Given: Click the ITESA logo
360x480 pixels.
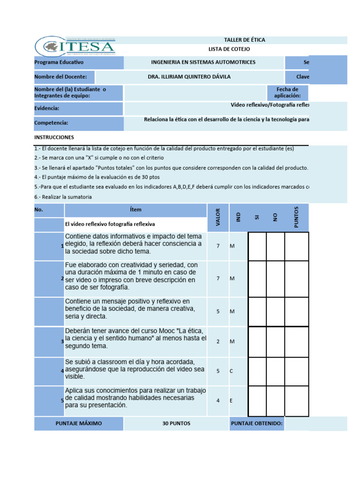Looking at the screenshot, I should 75,46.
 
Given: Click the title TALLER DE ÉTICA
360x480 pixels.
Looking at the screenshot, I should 245,40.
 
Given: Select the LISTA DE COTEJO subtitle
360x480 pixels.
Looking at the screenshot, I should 229,49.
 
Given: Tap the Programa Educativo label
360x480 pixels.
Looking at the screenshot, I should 59,62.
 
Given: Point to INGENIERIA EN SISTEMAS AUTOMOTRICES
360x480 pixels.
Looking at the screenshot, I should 203,62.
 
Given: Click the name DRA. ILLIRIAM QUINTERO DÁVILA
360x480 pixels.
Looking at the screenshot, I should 189,77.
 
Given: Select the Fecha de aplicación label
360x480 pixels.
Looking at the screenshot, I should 287,92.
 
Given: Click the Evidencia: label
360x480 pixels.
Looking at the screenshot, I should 47,108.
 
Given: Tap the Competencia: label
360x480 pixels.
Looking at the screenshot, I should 52,123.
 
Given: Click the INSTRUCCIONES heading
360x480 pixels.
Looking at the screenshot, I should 54,137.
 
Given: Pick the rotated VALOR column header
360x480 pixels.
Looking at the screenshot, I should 218,217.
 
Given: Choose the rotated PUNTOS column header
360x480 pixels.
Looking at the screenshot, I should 296,217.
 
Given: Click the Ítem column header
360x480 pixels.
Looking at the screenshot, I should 136,210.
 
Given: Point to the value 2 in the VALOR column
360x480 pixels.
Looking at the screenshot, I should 218,341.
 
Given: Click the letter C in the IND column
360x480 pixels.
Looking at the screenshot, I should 231,371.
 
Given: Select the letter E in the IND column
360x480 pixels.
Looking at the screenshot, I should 231,401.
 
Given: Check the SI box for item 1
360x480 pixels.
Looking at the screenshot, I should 257,246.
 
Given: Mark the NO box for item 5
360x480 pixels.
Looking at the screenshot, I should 275,401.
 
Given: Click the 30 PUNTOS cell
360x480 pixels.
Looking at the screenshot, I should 176,423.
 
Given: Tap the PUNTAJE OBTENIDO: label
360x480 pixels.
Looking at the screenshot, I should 257,423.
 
